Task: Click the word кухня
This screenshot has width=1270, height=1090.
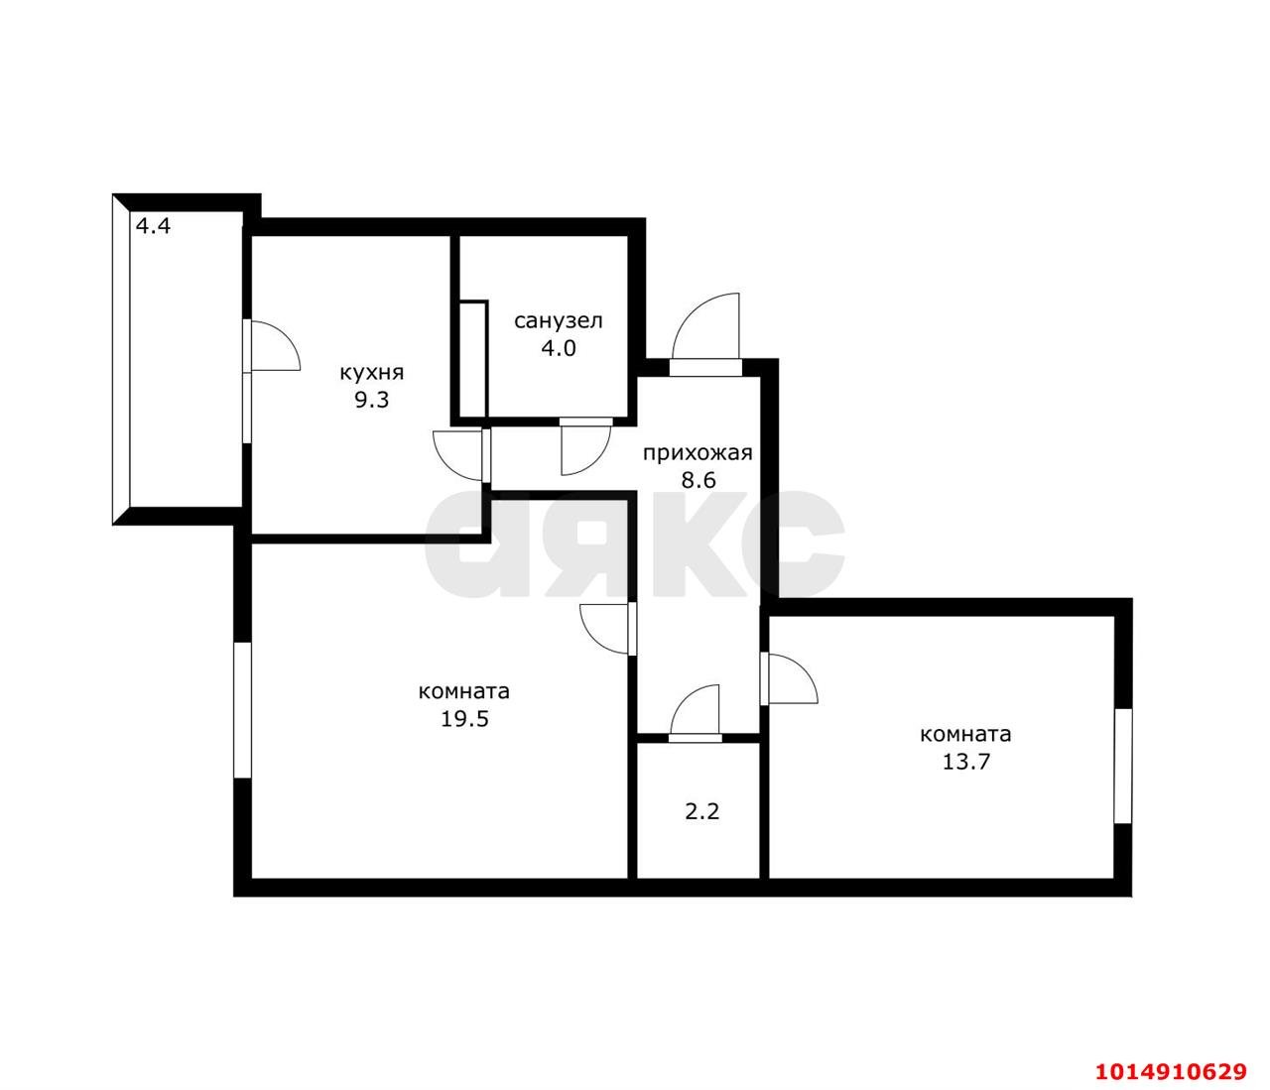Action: click(372, 374)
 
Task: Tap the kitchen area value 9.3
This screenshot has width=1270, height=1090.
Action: click(372, 401)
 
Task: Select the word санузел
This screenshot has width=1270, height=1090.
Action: click(558, 321)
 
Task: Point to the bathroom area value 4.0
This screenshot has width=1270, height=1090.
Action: click(558, 348)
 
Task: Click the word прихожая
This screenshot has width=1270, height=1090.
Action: click(698, 453)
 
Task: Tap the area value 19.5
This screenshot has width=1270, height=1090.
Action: click(464, 718)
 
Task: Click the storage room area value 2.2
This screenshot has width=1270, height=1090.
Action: click(702, 811)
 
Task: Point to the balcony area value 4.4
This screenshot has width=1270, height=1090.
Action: click(153, 226)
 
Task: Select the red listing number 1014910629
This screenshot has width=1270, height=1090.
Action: click(1171, 1071)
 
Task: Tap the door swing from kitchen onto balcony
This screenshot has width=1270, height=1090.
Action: click(272, 348)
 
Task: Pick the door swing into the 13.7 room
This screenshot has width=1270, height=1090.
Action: click(791, 679)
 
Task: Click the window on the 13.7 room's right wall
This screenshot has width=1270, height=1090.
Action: click(1123, 766)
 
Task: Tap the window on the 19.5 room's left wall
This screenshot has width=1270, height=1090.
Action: click(242, 710)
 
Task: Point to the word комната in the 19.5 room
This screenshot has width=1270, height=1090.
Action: click(464, 691)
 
